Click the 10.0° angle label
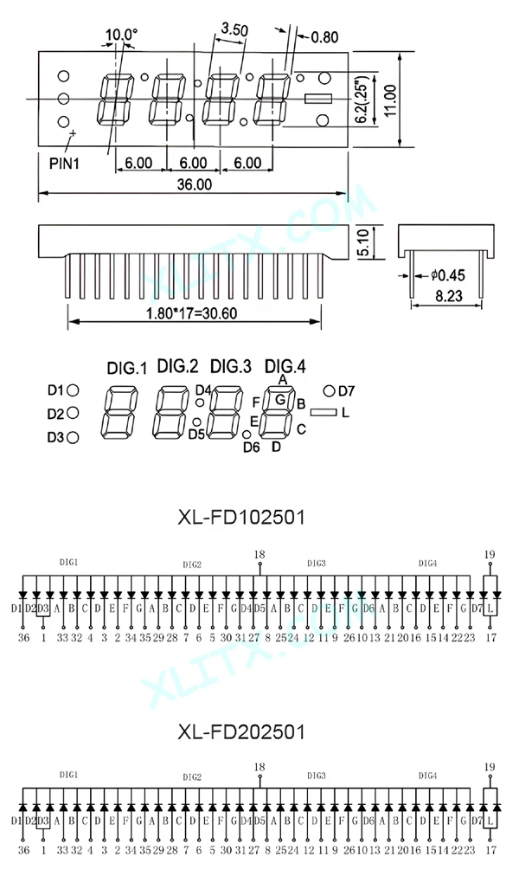(x=121, y=35)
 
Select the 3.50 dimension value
(x=234, y=29)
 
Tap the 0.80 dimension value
(x=324, y=37)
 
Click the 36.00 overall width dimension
(x=195, y=184)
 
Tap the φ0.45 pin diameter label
(x=447, y=276)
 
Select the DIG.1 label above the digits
(x=127, y=368)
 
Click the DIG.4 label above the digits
(x=285, y=365)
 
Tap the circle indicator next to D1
(x=74, y=390)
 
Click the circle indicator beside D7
(x=329, y=390)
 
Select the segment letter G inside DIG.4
(x=280, y=400)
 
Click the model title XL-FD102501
(x=241, y=518)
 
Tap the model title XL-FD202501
(x=241, y=731)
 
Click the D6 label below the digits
(x=252, y=447)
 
